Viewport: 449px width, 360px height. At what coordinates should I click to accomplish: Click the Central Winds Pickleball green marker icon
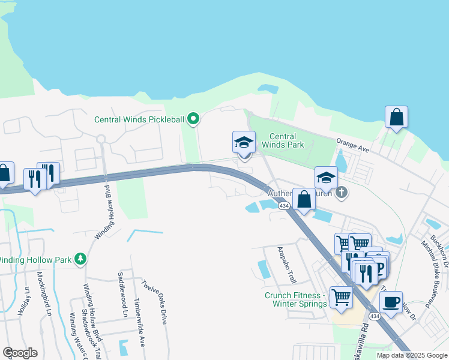193,119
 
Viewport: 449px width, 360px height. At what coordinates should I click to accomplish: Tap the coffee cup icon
391,301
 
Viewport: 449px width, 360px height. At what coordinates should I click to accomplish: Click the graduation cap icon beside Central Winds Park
244,142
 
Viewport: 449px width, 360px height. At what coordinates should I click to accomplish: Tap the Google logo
20,353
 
